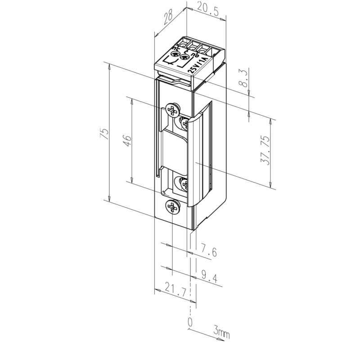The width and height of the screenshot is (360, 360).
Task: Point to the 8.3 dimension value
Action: click(244, 79)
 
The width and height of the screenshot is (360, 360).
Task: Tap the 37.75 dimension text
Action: click(265, 151)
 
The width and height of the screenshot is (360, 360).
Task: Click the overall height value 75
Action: click(104, 133)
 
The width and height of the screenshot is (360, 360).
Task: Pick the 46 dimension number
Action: click(127, 141)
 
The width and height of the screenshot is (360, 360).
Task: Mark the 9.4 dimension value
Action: click(209, 276)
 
